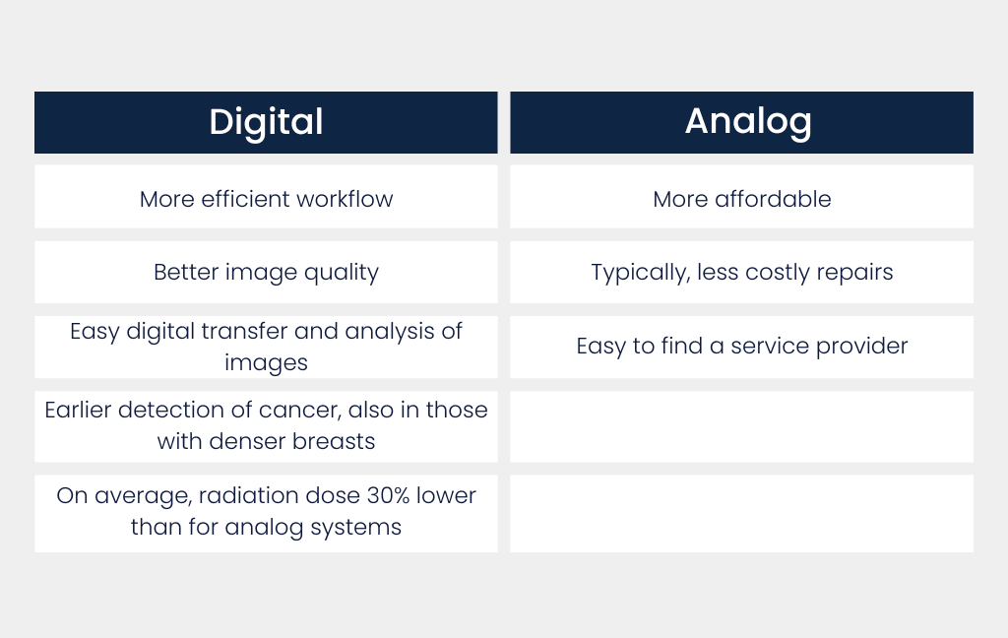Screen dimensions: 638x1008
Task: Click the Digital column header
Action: (x=266, y=122)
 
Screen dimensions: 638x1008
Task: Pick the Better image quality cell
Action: (x=266, y=273)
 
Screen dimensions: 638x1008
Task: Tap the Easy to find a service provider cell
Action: (x=741, y=347)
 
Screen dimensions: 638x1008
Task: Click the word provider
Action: (x=862, y=347)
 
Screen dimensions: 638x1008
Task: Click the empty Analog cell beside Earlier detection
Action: (x=741, y=426)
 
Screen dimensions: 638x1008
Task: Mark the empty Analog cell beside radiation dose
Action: (x=741, y=513)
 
